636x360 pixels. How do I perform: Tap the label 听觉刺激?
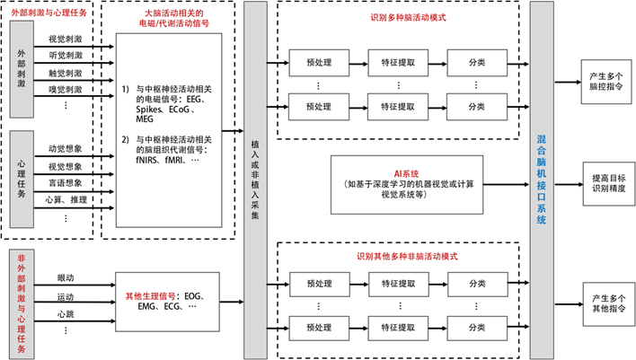click(x=65, y=57)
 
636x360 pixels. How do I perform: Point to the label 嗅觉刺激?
click(x=65, y=89)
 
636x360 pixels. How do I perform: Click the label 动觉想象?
click(x=65, y=149)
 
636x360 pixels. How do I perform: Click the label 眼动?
click(x=65, y=278)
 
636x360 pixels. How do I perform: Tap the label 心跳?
click(x=65, y=313)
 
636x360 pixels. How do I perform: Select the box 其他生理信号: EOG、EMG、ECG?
click(x=169, y=300)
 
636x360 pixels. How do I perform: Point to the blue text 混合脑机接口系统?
click(x=541, y=179)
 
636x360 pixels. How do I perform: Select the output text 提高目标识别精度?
click(x=608, y=178)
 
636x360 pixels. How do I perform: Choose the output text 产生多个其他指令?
click(x=608, y=300)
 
